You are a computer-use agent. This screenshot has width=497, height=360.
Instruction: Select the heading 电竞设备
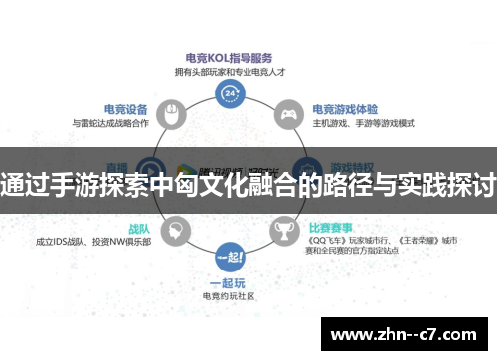[x=126, y=109]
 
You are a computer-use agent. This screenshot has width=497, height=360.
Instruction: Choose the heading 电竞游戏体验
[x=345, y=109]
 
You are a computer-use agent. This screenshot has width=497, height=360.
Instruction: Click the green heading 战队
[x=139, y=228]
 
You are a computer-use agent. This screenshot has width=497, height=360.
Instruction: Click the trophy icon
[x=286, y=231]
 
